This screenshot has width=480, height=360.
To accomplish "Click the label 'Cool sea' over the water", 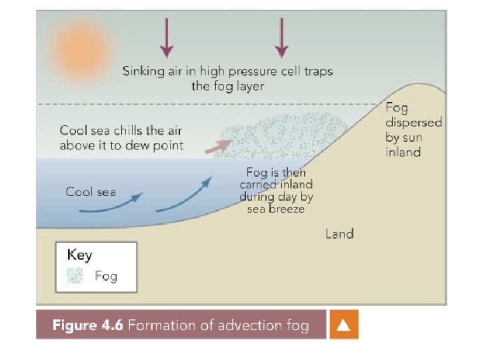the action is (x=91, y=192).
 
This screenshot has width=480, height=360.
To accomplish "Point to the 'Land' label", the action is (x=339, y=233).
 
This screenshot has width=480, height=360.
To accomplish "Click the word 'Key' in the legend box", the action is (x=79, y=255).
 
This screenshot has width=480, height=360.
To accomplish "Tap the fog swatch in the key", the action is (x=74, y=275).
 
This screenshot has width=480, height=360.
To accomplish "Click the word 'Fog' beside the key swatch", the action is (x=106, y=275).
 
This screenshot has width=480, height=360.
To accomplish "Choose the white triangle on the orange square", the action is (x=343, y=325).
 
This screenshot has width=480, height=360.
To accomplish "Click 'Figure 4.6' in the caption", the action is (x=87, y=325).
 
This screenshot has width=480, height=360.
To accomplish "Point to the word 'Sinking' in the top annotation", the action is (x=143, y=71).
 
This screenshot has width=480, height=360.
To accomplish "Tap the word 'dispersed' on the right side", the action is (x=413, y=123).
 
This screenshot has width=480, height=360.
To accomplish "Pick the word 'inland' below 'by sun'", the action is (x=403, y=152).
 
